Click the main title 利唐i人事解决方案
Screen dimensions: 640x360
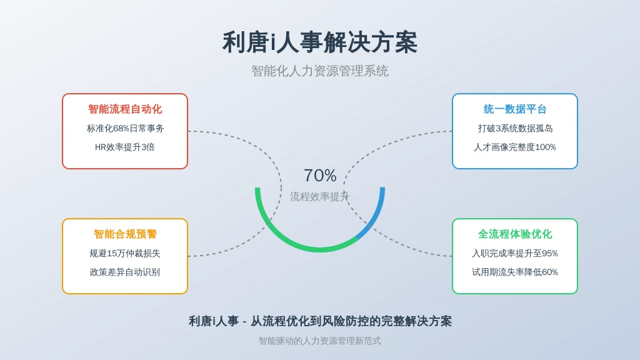[x=320, y=42]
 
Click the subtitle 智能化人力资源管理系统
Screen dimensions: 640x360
[x=320, y=71]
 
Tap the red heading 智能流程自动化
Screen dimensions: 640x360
[x=125, y=109]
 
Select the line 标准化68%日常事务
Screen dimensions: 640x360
[x=125, y=128]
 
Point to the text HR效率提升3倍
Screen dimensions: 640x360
[x=125, y=147]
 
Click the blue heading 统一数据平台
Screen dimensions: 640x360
[x=515, y=109]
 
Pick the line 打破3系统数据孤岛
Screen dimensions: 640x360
[x=515, y=128]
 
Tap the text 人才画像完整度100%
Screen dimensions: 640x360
[x=515, y=147]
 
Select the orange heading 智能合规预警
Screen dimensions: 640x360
[x=125, y=234]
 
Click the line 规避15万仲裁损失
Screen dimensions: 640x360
[x=125, y=253]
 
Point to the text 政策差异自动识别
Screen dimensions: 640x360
[x=125, y=272]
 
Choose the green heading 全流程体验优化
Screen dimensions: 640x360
[x=515, y=234]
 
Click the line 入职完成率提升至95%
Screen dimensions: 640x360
[x=515, y=253]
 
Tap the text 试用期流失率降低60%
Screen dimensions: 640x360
[x=515, y=272]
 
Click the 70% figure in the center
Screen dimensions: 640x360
[x=320, y=176]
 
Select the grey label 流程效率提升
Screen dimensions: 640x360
[x=320, y=197]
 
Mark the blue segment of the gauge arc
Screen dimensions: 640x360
[x=375, y=216]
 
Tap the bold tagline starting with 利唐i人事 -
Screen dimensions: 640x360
[x=320, y=321]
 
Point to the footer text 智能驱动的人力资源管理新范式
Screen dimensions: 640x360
[x=320, y=341]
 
